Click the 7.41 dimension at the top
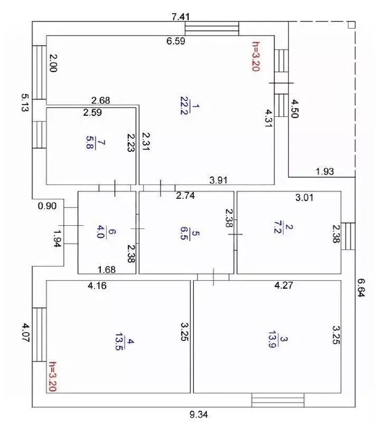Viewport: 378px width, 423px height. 180,17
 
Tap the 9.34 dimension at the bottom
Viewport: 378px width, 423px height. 199,414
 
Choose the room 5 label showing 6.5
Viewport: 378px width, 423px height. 189,234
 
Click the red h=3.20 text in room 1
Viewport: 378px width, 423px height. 255,56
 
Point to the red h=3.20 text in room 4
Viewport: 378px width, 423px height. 53,376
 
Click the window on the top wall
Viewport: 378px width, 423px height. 212,29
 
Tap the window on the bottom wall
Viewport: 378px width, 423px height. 278,400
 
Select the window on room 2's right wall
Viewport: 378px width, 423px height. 348,236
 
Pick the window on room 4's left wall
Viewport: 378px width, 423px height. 39,334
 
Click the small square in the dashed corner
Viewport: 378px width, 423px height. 352,25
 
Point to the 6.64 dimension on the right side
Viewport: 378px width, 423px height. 361,288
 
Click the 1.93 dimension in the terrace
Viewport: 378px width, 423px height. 325,171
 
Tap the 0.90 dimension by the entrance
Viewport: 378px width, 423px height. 47,206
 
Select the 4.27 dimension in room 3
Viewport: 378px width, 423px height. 284,285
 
